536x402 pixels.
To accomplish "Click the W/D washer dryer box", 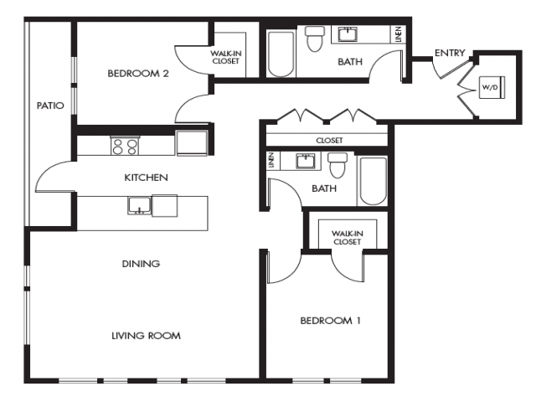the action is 492,87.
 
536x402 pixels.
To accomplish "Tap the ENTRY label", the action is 450,53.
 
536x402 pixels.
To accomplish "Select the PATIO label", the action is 50,106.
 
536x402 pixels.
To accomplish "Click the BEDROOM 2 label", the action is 138,74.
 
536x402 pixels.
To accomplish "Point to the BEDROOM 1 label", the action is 330,321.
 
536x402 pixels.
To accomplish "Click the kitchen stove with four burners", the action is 125,146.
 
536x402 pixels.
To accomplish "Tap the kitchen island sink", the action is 139,205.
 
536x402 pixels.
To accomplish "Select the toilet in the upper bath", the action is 315,39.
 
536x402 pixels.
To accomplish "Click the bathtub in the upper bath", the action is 281,54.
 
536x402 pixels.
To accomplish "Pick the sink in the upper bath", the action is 348,34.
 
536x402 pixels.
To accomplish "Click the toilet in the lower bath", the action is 338,166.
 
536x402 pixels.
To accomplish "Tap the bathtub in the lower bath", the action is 373,181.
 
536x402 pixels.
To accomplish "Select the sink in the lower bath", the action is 306,161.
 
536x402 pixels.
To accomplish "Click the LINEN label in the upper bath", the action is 399,34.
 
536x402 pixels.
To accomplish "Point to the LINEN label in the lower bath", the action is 271,160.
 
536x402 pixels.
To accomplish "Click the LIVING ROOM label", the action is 147,336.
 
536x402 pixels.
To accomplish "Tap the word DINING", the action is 141,264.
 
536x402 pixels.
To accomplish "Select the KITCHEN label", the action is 146,178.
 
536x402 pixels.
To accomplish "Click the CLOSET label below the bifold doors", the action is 329,141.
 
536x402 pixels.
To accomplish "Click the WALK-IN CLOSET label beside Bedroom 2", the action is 225,58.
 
